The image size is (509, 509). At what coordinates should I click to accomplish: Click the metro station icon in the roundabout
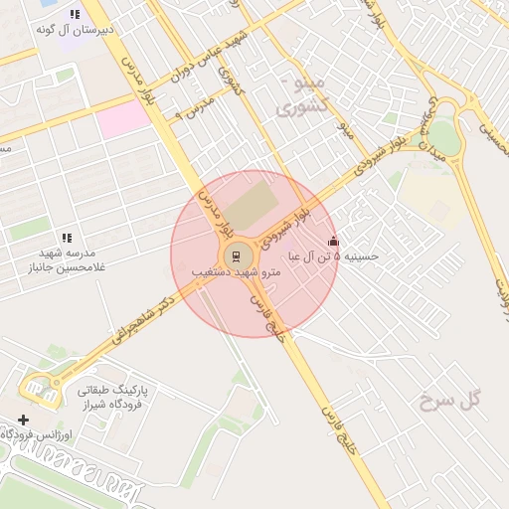pyautogui.click(x=237, y=255)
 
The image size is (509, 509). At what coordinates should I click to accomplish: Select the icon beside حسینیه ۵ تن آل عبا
pyautogui.click(x=333, y=241)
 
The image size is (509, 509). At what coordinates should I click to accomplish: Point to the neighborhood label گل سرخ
pyautogui.click(x=449, y=401)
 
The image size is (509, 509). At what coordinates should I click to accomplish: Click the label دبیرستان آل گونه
pyautogui.click(x=75, y=30)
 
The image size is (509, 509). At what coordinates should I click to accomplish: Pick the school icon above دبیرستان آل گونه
pyautogui.click(x=75, y=15)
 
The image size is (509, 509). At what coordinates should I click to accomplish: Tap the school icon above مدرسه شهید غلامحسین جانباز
pyautogui.click(x=67, y=238)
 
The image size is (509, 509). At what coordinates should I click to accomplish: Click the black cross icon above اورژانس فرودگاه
pyautogui.click(x=24, y=421)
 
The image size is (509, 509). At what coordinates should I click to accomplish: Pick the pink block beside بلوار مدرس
pyautogui.click(x=122, y=118)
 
